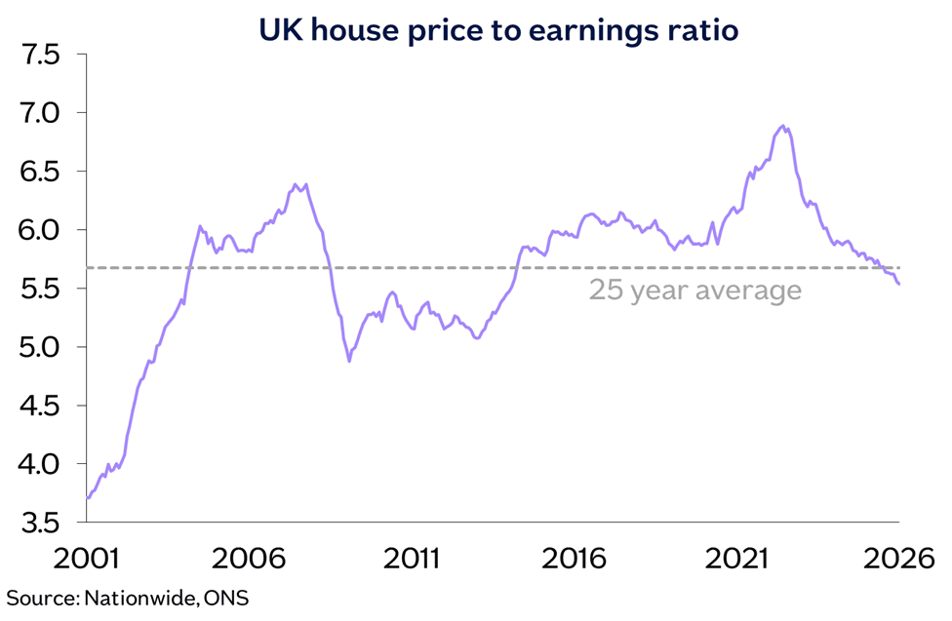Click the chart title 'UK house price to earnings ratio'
497,30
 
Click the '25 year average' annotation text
694,291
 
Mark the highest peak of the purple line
783,126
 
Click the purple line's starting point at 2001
88,498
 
